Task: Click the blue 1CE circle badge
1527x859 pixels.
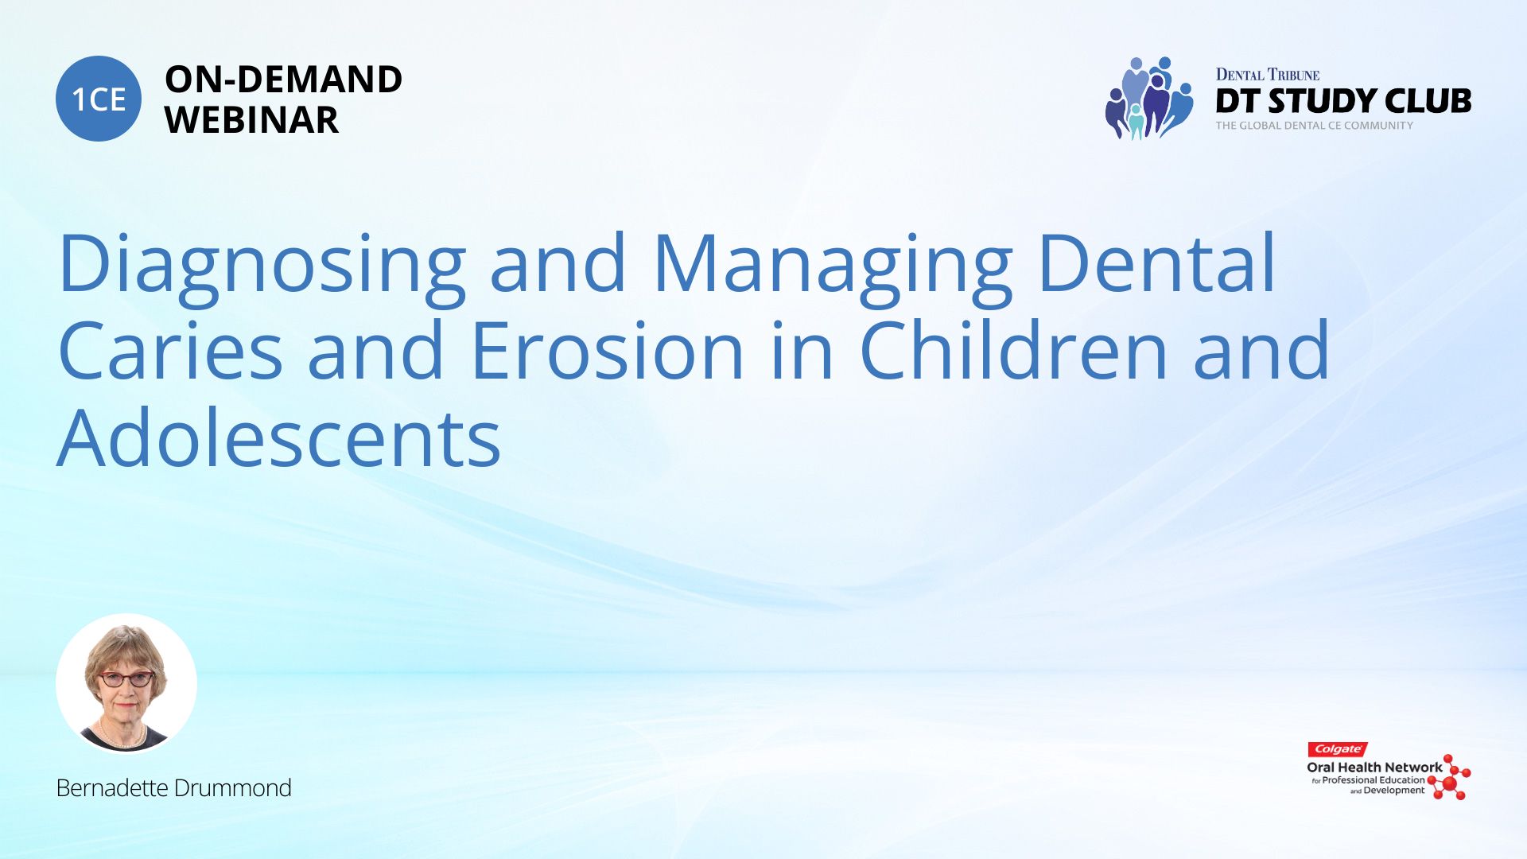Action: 99,99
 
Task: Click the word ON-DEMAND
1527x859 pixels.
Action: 283,80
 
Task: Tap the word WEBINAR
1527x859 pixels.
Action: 251,120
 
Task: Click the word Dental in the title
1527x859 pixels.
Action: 1157,262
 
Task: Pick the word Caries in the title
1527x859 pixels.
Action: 170,350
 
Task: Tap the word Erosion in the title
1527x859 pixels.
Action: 608,350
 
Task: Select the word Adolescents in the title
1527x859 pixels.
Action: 279,437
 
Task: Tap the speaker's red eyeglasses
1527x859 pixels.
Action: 126,679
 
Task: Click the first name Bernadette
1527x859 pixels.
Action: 111,788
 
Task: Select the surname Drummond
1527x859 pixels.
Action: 232,788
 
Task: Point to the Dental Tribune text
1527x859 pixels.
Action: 1268,75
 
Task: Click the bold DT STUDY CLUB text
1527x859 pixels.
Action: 1343,101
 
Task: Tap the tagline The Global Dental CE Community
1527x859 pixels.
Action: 1315,126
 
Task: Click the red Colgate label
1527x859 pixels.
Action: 1338,749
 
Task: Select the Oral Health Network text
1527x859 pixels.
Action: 1374,768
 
